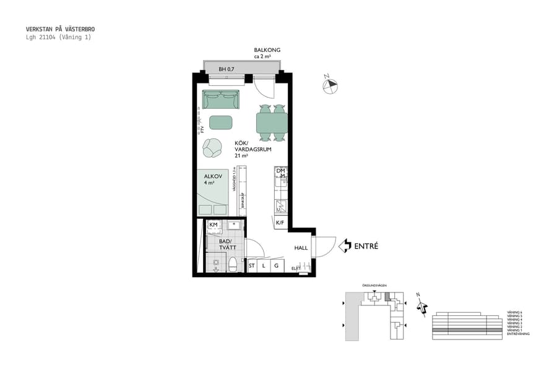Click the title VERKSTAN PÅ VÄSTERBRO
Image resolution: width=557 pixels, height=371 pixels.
coord(60,29)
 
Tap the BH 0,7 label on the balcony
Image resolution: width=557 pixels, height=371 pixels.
coord(226,69)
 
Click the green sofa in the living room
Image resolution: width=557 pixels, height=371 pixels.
coord(221,100)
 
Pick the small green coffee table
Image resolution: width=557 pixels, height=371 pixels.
coord(221,122)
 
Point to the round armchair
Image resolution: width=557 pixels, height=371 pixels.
coord(212,148)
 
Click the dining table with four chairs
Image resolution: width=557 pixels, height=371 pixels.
coord(272,123)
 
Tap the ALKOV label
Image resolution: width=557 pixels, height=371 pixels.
coord(212,176)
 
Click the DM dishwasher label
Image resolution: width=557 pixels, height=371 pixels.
coord(280,171)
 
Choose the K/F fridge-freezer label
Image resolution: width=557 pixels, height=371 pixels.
coord(280,223)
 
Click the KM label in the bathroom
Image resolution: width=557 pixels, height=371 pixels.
coord(214,224)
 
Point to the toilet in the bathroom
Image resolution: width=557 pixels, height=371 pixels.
coord(233,265)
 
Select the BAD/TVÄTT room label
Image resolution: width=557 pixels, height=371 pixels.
coord(226,244)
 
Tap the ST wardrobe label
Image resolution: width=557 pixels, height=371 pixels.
coord(252,266)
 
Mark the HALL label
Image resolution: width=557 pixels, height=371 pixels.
coord(301,248)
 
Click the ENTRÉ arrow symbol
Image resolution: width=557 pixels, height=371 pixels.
coord(345,246)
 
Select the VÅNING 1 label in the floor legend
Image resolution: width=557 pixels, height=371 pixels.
coord(514,330)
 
